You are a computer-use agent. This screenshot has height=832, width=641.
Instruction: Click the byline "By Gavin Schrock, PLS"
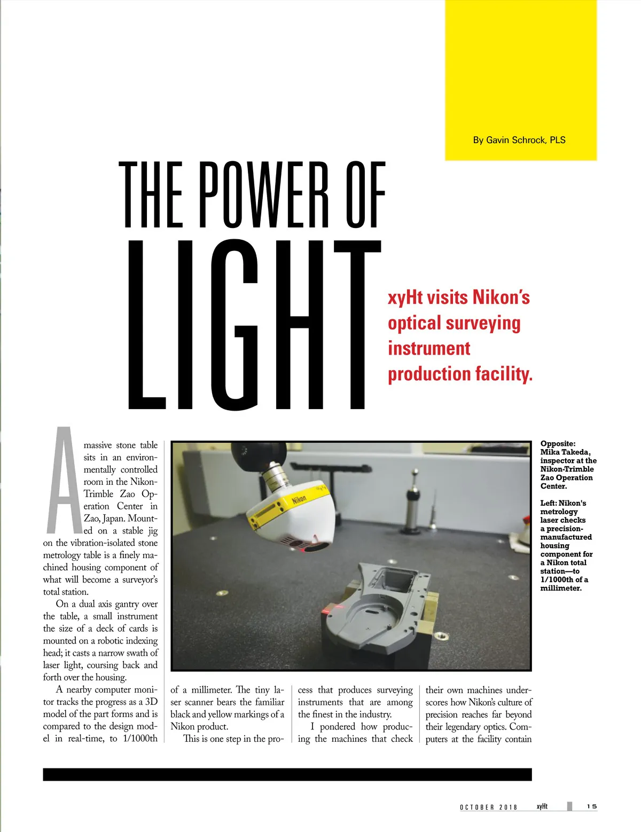(519, 140)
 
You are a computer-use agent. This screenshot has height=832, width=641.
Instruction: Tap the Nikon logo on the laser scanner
(299, 500)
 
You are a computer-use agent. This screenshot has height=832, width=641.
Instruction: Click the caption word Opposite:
(558, 444)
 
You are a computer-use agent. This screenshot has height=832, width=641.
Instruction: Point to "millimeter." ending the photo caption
(561, 588)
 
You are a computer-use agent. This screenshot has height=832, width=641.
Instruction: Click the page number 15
(591, 806)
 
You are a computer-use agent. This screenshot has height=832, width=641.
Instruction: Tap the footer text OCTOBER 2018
(488, 807)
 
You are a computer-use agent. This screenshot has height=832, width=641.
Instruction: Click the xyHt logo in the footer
(542, 806)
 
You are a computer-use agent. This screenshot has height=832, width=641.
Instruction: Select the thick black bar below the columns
(287, 774)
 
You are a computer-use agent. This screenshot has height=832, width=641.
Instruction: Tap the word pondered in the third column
(337, 727)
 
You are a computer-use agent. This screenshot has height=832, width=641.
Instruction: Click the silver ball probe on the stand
(415, 473)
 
